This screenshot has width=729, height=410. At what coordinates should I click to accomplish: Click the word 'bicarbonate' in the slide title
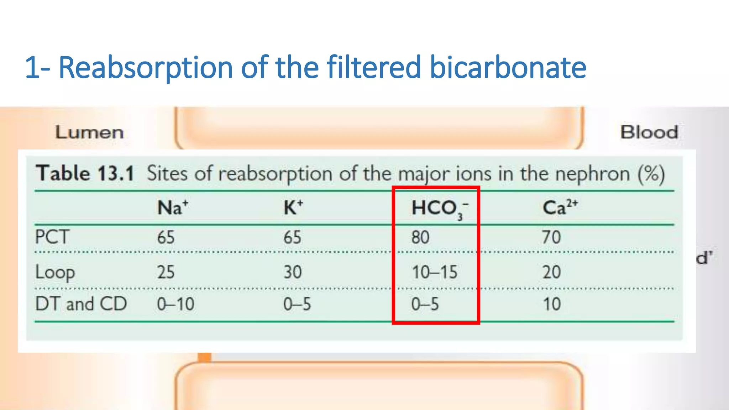(x=508, y=67)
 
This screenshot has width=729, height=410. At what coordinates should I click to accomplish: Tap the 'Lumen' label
(x=89, y=132)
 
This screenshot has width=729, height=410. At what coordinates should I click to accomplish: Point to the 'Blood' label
(x=649, y=132)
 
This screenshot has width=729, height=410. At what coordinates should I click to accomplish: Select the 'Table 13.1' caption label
(x=85, y=174)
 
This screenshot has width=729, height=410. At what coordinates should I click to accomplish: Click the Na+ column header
(x=173, y=207)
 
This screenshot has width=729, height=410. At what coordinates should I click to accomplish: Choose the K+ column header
(x=293, y=207)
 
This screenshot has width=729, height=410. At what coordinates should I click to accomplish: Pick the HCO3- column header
(x=440, y=209)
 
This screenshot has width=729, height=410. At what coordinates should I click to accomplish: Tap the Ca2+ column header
(x=560, y=207)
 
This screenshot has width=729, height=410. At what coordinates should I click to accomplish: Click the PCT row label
(x=52, y=237)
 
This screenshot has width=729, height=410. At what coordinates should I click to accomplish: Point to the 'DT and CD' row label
(x=81, y=304)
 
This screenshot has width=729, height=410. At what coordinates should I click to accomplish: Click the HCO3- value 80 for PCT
(x=420, y=237)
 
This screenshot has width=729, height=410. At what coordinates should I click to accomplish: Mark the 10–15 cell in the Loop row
(x=434, y=272)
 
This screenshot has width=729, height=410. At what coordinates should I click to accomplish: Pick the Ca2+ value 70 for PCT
(x=551, y=237)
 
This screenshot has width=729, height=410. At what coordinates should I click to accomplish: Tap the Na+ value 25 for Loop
(x=166, y=272)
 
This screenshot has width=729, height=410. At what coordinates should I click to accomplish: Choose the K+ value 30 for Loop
(x=293, y=272)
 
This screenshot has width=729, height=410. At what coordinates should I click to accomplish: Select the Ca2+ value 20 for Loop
(x=551, y=272)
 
